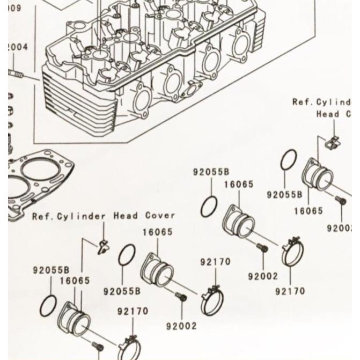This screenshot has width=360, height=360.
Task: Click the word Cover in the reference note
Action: (x=160, y=216)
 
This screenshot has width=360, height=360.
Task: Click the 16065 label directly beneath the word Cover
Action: (x=158, y=232)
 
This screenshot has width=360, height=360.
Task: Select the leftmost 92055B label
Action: (x=51, y=270)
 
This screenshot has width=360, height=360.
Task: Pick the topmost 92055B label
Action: (x=211, y=172)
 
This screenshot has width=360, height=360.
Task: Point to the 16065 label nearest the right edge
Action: (x=308, y=210)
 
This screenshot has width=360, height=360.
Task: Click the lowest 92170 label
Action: (x=133, y=311)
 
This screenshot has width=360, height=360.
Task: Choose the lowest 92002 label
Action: (x=181, y=326)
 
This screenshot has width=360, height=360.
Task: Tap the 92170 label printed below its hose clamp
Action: (x=290, y=291)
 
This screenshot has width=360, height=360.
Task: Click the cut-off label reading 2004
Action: (x=18, y=47)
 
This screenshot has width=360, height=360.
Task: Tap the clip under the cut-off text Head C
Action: (x=333, y=142)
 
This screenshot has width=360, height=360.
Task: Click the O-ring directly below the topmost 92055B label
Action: (x=209, y=207)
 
